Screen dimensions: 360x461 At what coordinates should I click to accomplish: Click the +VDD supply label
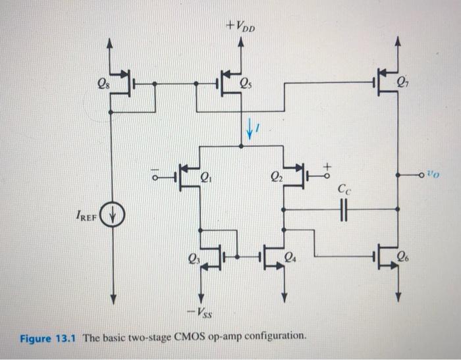(x=242, y=28)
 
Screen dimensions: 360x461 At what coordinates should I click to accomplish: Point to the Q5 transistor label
(x=244, y=84)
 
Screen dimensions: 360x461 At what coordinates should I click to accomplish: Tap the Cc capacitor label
(x=343, y=190)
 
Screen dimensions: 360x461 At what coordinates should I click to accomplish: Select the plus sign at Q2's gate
(x=325, y=163)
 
